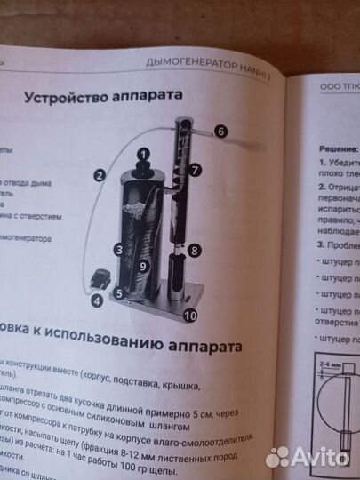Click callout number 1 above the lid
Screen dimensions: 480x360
141,152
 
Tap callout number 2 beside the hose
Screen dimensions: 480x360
100,175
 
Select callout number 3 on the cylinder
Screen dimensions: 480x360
117,250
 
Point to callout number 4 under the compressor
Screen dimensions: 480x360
96,300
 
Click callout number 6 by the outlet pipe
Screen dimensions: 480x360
220,130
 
